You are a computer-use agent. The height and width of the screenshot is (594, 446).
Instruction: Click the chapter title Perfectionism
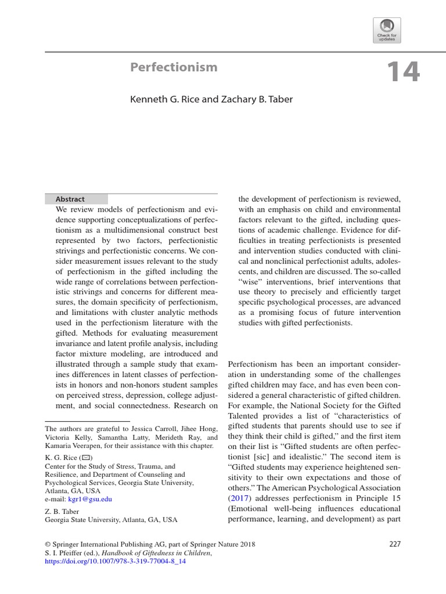click(174, 67)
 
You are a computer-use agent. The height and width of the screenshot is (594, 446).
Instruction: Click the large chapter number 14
click(402, 72)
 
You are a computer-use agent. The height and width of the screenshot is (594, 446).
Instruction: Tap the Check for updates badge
click(387, 30)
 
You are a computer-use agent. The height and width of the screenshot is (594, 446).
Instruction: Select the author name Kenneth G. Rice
click(165, 99)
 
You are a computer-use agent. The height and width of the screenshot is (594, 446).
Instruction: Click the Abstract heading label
click(70, 199)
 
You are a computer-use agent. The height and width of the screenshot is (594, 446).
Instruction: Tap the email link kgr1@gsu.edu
click(91, 499)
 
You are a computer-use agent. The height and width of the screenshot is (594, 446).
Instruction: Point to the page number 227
click(394, 544)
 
